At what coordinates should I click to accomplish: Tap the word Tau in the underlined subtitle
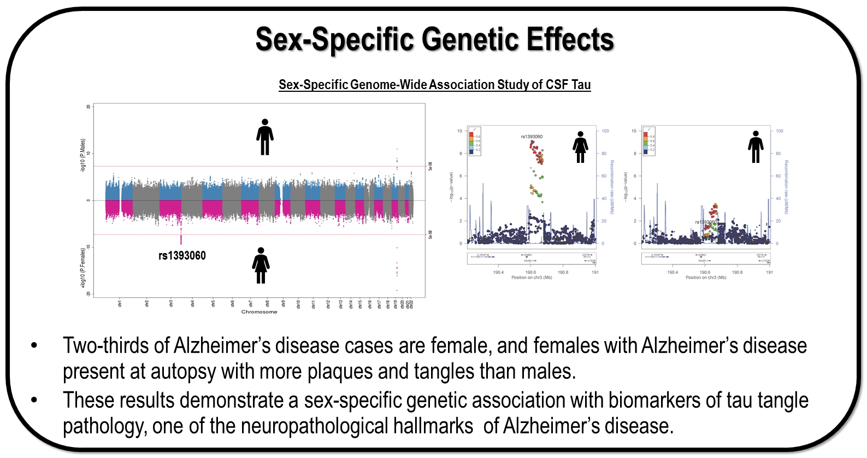(581, 85)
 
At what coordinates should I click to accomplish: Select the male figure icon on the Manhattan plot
(265, 137)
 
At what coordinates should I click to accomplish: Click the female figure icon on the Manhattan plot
(261, 265)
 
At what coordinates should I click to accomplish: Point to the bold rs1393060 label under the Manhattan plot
(182, 256)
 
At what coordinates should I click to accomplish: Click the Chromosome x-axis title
(259, 312)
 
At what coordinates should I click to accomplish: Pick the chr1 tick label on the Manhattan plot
(120, 303)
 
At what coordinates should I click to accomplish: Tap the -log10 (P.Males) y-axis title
(83, 156)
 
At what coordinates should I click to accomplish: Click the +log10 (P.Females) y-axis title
(83, 268)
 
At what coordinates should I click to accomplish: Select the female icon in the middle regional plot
(580, 147)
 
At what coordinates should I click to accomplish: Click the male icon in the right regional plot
(756, 147)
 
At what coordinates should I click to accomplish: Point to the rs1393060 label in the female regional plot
(532, 137)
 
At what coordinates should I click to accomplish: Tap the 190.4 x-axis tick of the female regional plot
(498, 272)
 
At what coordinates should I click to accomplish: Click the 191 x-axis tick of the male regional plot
(769, 272)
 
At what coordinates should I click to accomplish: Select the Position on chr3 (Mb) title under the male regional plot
(706, 278)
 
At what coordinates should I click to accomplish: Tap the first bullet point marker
(34, 346)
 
